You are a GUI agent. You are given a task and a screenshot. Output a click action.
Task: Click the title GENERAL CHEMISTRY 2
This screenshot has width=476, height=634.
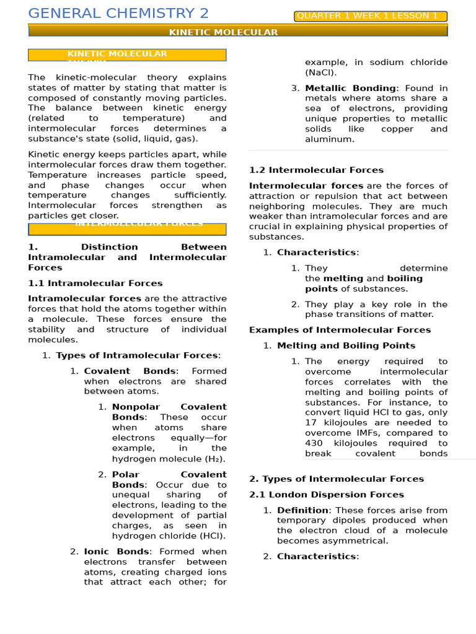[x=118, y=14]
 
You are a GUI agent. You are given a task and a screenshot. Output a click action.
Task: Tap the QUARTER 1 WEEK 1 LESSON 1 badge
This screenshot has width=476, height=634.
[x=371, y=16]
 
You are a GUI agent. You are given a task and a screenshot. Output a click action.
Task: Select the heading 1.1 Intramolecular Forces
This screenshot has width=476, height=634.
[x=95, y=284]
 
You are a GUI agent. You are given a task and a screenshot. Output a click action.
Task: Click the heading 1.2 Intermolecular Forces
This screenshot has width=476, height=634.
[x=316, y=170]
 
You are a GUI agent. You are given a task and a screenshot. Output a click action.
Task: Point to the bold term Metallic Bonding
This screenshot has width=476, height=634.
[x=350, y=89]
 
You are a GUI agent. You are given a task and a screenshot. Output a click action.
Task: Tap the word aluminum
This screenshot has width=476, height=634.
[x=330, y=139]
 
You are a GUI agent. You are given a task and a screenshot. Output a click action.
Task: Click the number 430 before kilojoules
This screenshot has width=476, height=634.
[x=314, y=443]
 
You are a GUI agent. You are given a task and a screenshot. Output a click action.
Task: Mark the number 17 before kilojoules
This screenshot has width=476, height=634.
[x=311, y=423]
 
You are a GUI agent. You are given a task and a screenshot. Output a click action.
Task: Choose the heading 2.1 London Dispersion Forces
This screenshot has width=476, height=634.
[x=327, y=495]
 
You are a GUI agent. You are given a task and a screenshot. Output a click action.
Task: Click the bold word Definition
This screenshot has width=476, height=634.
[x=302, y=510]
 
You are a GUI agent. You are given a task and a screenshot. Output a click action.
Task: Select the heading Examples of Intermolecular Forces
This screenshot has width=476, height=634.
[x=340, y=330]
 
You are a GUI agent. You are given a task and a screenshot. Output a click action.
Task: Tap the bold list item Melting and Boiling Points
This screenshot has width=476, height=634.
[x=346, y=345]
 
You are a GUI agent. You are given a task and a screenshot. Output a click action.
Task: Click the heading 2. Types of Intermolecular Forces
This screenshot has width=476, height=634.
[x=337, y=479]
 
